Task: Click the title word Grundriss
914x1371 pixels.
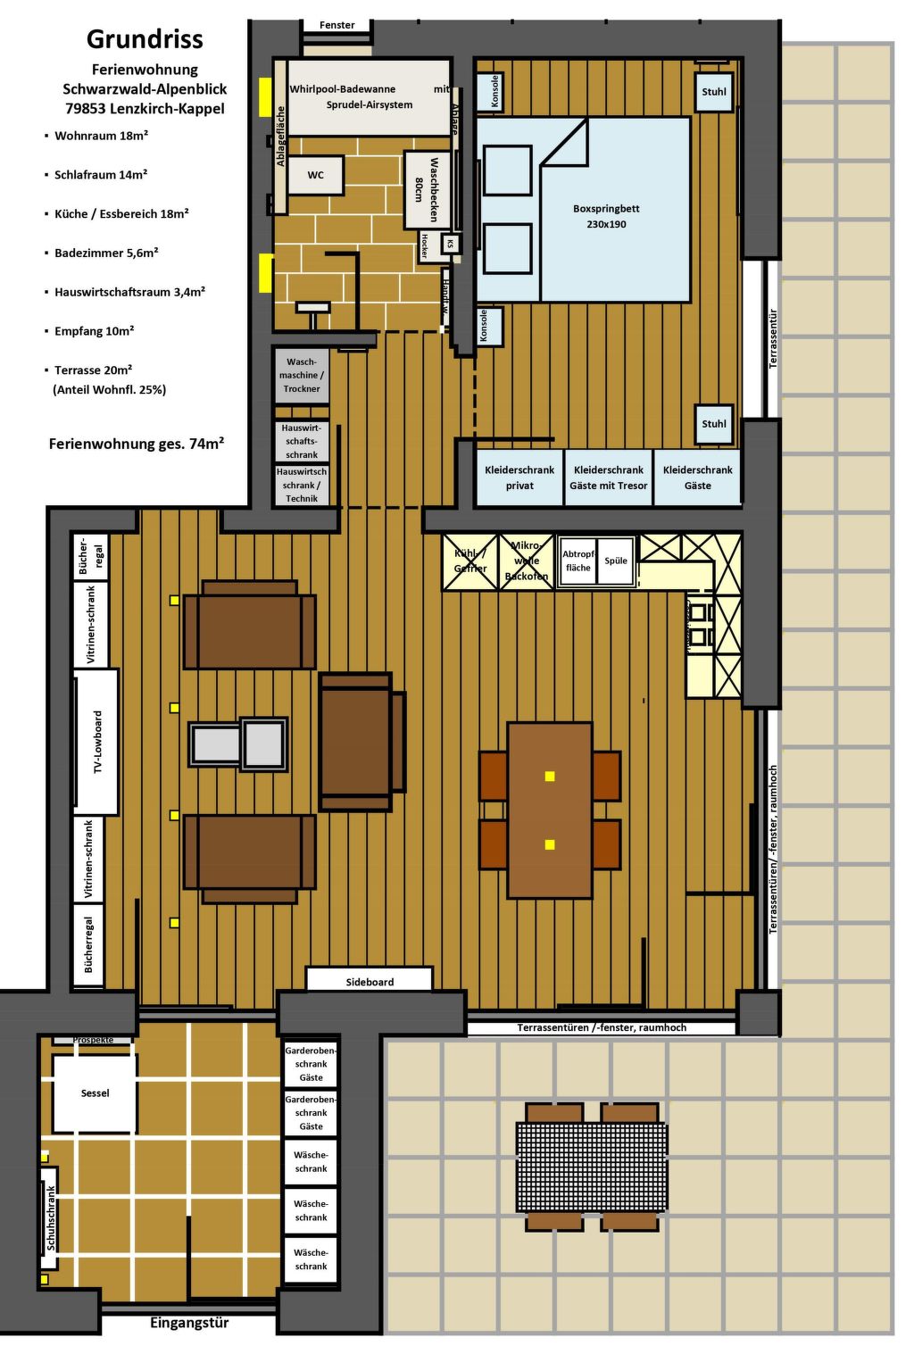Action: click(145, 39)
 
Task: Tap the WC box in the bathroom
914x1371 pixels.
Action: click(316, 175)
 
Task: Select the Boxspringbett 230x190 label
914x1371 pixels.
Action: click(606, 216)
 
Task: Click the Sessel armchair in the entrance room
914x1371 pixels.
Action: click(95, 1093)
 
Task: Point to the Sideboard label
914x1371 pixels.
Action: click(370, 982)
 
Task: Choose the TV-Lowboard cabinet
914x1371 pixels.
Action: click(97, 742)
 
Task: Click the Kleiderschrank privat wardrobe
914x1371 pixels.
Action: click(519, 478)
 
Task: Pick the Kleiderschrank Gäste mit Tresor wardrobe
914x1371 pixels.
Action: click(609, 478)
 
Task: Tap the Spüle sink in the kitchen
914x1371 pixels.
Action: click(616, 561)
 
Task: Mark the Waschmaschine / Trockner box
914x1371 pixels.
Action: click(302, 376)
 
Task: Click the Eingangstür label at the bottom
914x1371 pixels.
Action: click(189, 1323)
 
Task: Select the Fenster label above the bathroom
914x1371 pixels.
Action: click(337, 25)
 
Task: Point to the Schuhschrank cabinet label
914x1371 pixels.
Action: click(50, 1217)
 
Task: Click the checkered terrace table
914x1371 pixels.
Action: click(591, 1167)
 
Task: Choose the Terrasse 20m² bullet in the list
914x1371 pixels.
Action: click(93, 370)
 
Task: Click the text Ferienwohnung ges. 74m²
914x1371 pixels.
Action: click(136, 444)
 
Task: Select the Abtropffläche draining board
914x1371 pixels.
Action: click(577, 561)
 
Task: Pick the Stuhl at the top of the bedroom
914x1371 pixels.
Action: click(714, 92)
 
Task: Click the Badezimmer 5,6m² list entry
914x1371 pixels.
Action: click(106, 253)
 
